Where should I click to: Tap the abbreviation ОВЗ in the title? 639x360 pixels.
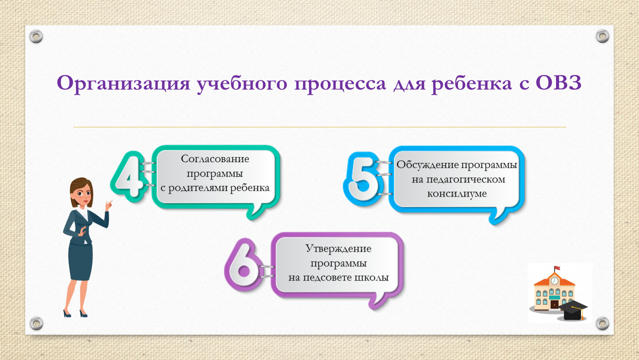pos(559,83)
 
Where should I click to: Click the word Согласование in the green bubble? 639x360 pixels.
pos(215,159)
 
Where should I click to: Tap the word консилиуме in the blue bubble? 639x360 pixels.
pos(457,194)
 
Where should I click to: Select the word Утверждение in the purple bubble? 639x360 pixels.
pos(338,248)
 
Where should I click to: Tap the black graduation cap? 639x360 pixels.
pos(573,310)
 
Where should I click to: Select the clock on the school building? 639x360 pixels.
pos(554,281)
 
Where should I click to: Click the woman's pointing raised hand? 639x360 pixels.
pos(108,205)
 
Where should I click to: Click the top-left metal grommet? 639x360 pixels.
pos(36,37)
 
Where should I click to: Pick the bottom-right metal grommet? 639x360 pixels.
pos(602,323)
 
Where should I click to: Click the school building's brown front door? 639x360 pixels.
pos(554,304)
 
